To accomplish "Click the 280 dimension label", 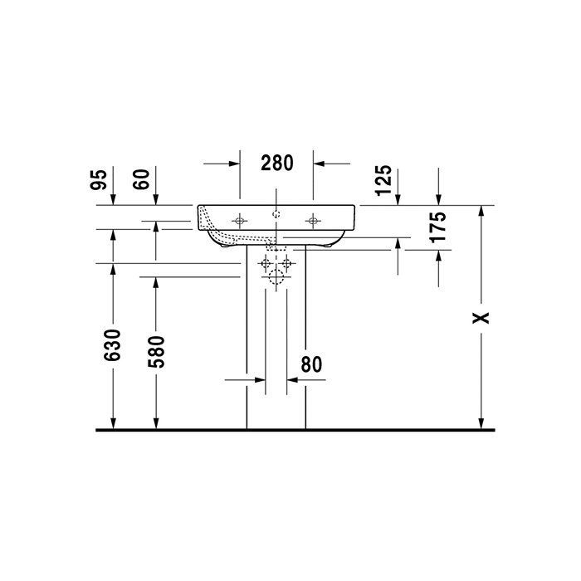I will (276, 164).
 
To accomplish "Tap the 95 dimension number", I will (99, 178).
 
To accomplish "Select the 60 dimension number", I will (142, 178).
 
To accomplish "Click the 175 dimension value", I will (439, 227).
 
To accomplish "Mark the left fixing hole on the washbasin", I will (240, 220).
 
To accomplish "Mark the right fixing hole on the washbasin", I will (313, 220).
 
